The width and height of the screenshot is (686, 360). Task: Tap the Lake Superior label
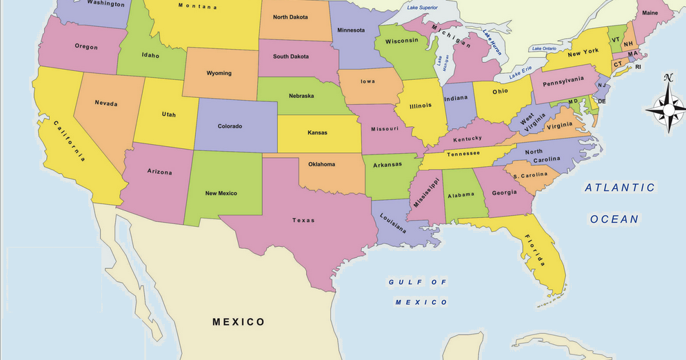point(422,8)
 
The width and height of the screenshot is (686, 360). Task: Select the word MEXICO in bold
point(239,322)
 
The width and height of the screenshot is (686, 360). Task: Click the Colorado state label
point(230,126)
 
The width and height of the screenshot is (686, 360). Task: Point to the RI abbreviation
point(638,67)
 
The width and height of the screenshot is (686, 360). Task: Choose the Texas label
point(303,221)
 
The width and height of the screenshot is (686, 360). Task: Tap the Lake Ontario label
point(544,49)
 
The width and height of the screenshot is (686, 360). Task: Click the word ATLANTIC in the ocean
point(620,188)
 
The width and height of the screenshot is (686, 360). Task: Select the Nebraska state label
point(301,96)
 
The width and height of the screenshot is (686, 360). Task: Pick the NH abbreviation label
point(628,44)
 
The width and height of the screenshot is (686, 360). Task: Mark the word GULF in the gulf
point(401,282)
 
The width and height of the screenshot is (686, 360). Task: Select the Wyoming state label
point(219,73)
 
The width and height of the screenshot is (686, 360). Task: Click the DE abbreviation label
point(601,101)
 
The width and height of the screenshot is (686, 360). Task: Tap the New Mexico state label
point(221,193)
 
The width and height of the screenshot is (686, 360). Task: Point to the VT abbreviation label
point(616,40)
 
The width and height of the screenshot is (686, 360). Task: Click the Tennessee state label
point(463,154)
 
